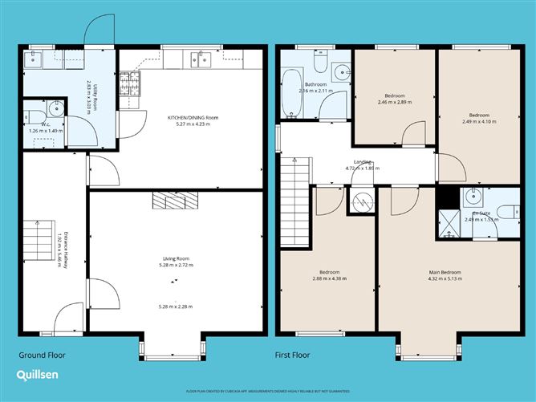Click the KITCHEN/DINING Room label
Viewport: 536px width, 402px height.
click(193, 118)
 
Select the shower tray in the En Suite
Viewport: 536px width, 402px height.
click(447, 224)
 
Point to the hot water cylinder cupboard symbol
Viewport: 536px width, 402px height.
click(359, 203)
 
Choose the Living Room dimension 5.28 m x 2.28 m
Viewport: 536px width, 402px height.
click(176, 306)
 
